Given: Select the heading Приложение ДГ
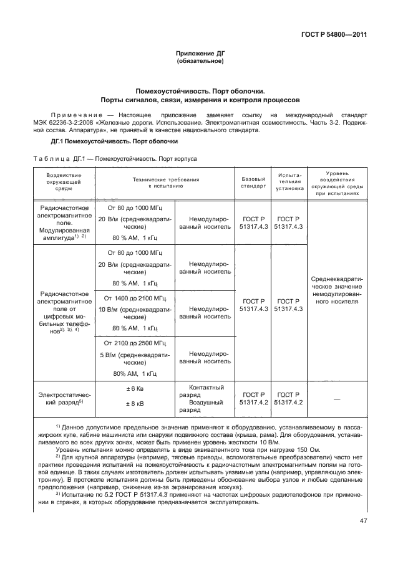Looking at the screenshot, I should pyautogui.click(x=200, y=54).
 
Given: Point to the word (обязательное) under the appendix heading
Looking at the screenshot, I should pyautogui.click(x=200, y=62).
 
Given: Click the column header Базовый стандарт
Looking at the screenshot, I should pyautogui.click(x=254, y=182).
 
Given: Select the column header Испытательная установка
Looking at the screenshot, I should pyautogui.click(x=290, y=182).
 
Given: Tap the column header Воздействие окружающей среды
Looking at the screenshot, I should pyautogui.click(x=64, y=183).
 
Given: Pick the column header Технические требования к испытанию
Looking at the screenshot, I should pyautogui.click(x=165, y=182).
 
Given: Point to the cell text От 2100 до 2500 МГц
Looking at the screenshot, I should pyautogui.click(x=135, y=343).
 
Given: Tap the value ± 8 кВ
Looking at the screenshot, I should pyautogui.click(x=135, y=403).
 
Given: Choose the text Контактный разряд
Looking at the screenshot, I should pyautogui.click(x=205, y=391).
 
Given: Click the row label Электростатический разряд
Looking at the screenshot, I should pyautogui.click(x=64, y=398).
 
